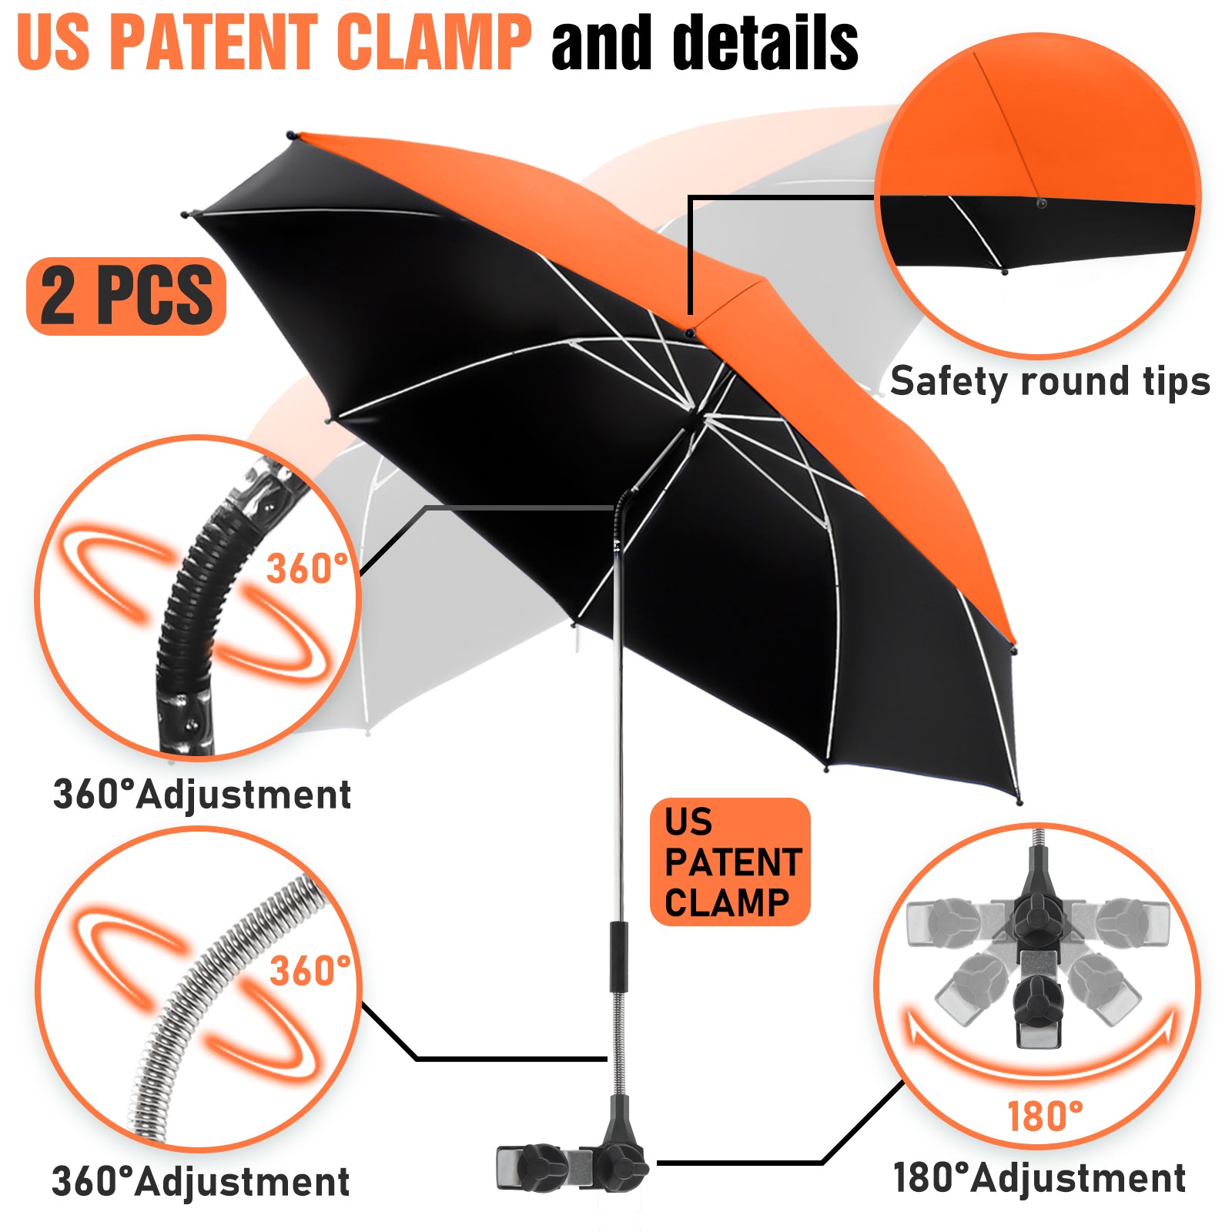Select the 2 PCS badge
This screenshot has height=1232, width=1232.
point(126,296)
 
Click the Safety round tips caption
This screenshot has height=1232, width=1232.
point(1050,382)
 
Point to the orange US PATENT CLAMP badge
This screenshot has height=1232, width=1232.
point(730,862)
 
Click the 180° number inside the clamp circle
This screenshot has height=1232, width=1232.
point(1044,1116)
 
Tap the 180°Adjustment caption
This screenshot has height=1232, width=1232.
point(1039,1178)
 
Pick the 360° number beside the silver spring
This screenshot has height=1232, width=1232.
point(310,970)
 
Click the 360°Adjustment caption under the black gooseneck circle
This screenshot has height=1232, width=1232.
point(202,795)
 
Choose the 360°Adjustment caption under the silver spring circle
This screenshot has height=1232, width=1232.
point(200,1182)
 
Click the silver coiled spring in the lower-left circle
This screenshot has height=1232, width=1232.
point(223,1001)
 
